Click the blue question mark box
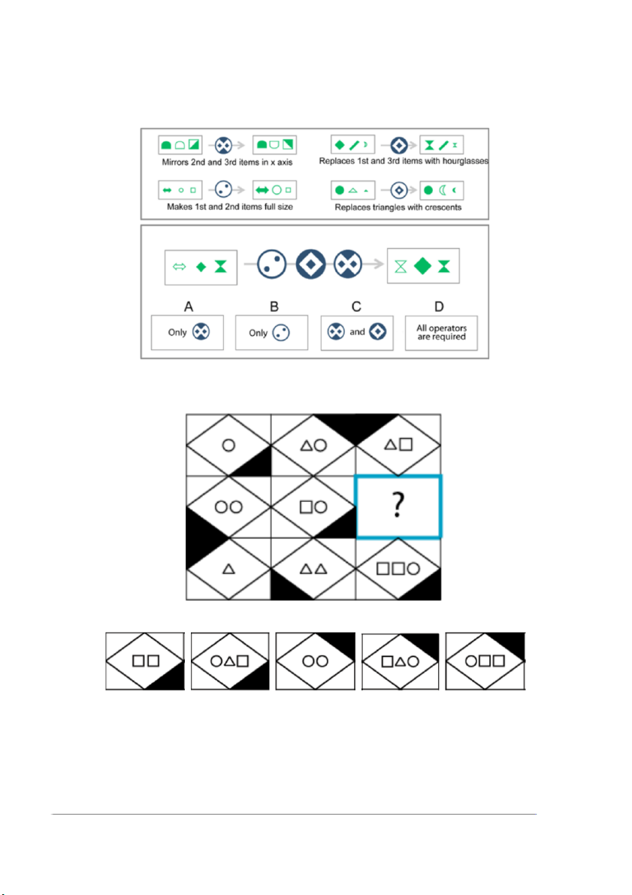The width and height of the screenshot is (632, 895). pos(398,506)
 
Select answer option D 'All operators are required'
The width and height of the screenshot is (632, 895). pos(441,333)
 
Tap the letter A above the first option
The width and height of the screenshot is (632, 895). pos(189,307)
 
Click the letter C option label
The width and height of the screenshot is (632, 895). pos(356,307)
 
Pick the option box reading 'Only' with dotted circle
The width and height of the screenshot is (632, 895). pos(271,333)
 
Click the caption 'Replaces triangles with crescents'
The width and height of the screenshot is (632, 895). pos(398,207)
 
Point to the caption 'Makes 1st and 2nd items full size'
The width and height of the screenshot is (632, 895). pos(229,207)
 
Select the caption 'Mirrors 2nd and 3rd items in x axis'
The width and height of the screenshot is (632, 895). pos(227,162)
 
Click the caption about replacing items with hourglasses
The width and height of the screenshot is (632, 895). pos(404,161)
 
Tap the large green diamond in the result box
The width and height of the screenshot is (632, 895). pos(422,266)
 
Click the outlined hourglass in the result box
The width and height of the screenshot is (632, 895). pos(401,267)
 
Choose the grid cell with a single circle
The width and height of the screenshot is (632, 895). pos(228,445)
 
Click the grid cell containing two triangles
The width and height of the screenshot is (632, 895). pos(313,569)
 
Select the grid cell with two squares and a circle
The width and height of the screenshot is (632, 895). pos(398,569)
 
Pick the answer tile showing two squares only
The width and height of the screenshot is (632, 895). pos(145,661)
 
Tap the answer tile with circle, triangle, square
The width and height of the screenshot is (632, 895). pos(229,661)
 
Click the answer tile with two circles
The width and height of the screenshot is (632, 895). pos(315,661)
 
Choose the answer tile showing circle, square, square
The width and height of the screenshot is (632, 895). pos(485,661)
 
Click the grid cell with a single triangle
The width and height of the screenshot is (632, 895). pos(228,569)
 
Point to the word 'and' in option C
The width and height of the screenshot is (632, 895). pos(357,331)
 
